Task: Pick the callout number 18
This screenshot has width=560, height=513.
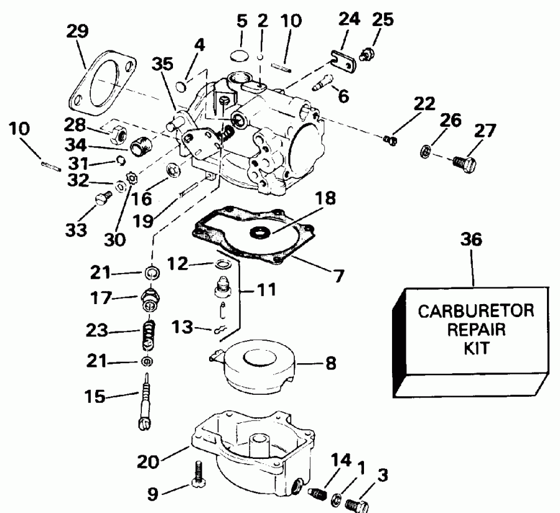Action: tap(325, 199)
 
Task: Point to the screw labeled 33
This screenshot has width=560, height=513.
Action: tap(103, 198)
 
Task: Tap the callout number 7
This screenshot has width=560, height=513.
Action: tap(338, 274)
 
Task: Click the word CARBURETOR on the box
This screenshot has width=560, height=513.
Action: tap(475, 311)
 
